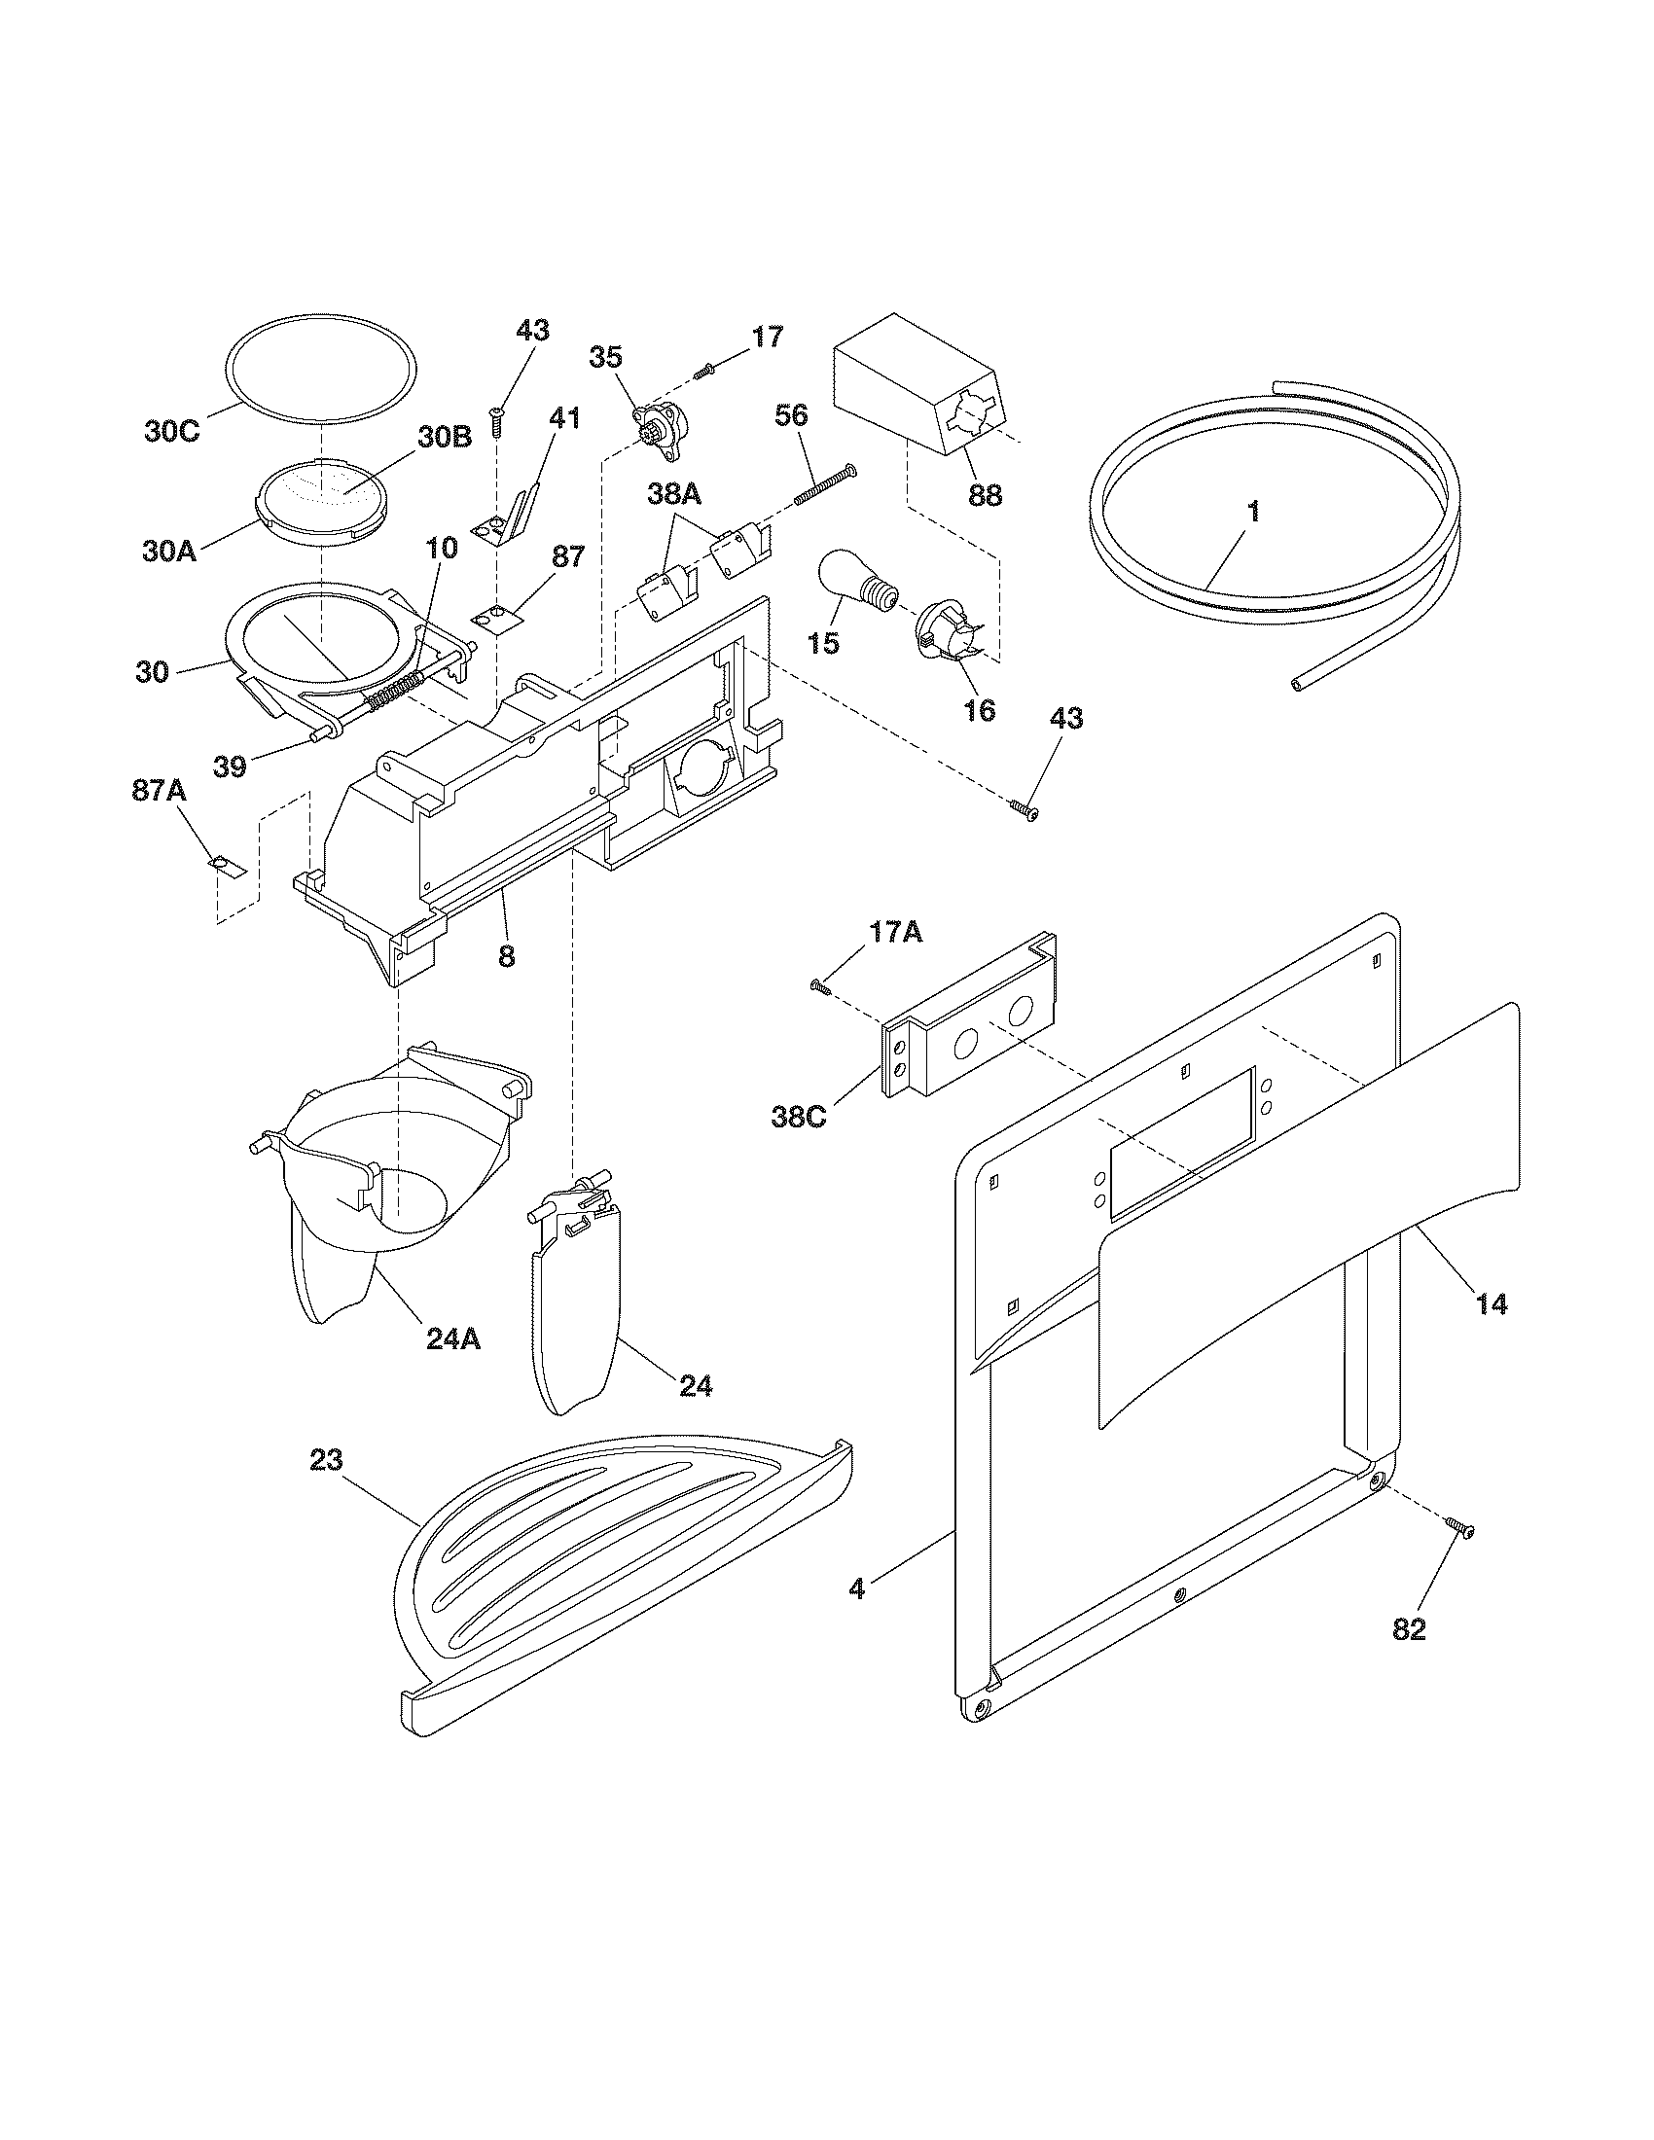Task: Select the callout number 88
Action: pos(985,495)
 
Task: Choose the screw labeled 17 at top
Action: pos(704,372)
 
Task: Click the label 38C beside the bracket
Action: pos(799,1117)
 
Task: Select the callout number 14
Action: pos(1492,1304)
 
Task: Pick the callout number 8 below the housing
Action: pos(506,955)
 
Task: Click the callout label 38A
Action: pos(674,496)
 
